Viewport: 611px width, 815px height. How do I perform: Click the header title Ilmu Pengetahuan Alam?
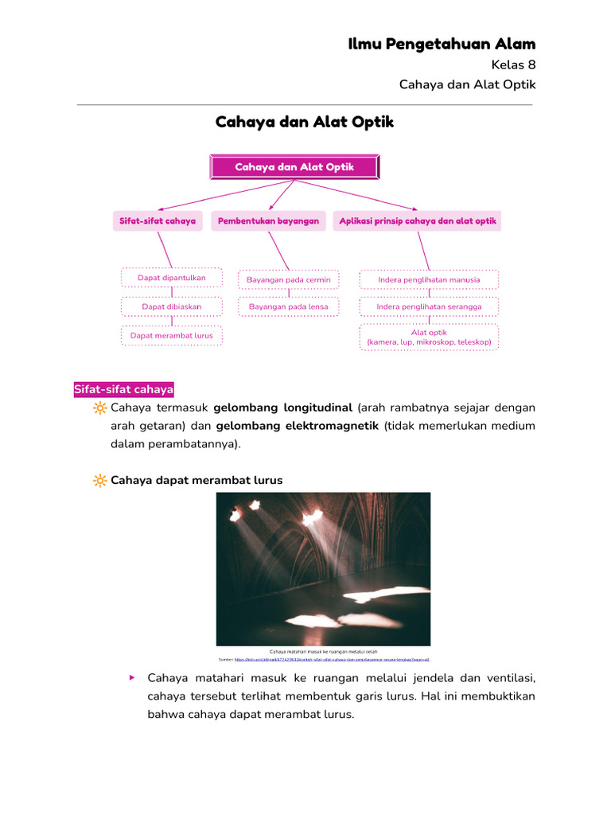(442, 44)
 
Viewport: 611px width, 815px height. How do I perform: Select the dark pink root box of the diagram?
(294, 167)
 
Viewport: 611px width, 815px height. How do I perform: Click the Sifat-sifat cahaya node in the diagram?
(158, 220)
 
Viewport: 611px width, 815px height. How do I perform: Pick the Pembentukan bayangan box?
(268, 220)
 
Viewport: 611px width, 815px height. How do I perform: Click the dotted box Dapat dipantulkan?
(172, 278)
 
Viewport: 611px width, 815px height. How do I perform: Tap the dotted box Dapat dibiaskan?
(172, 306)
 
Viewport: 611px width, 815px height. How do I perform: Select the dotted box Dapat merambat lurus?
(172, 336)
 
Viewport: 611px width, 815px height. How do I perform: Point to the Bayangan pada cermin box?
(288, 280)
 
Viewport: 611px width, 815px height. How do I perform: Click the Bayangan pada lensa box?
(288, 306)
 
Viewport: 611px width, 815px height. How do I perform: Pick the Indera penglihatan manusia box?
(429, 280)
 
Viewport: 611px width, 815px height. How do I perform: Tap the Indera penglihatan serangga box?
(429, 306)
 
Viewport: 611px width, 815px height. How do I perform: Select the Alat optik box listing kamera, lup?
(429, 337)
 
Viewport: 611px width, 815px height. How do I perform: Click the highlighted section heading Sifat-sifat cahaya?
(123, 389)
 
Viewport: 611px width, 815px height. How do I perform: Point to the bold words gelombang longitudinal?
(282, 407)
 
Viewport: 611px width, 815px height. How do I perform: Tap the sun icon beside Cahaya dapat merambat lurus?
(99, 481)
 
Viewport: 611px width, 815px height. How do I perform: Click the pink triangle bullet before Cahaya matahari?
(132, 677)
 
